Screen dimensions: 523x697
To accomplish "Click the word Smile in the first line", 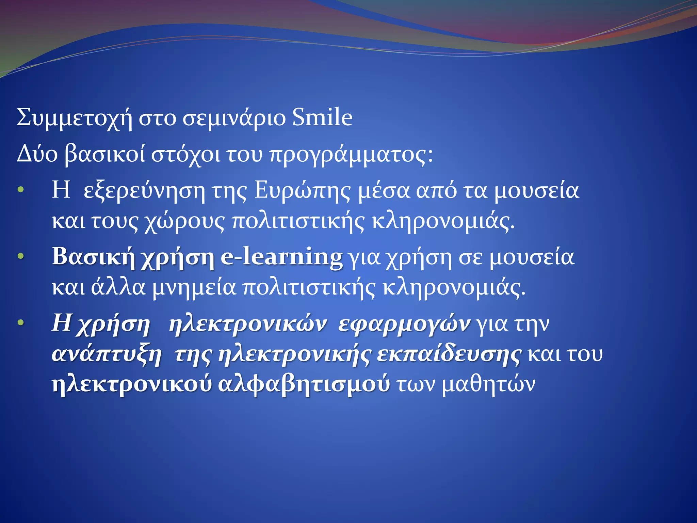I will point(322,117).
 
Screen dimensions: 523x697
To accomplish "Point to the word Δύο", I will point(37,154).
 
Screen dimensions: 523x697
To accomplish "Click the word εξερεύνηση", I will point(144,191).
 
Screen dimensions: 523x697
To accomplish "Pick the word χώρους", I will point(184,222).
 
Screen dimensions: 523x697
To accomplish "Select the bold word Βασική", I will point(93,257).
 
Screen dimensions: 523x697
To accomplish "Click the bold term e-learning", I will point(281,257).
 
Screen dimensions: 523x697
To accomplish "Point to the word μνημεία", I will point(194,288).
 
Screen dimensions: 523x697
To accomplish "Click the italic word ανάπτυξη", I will point(107,355).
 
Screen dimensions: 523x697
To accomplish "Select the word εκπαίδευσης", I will point(449,355).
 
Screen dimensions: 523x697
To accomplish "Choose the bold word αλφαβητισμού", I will point(304,385).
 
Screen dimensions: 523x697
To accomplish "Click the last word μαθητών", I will point(488,385).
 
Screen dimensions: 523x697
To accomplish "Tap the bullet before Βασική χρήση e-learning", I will point(21,256).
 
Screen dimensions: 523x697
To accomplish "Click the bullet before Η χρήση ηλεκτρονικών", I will point(21,322).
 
